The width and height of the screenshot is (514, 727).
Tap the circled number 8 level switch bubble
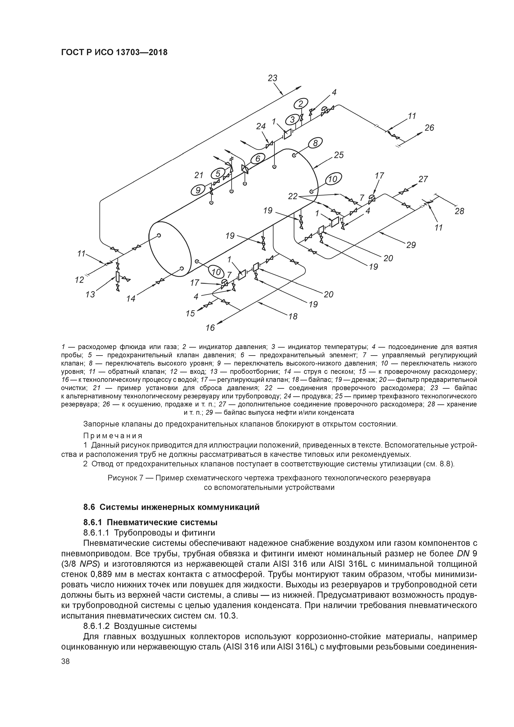[x=315, y=143]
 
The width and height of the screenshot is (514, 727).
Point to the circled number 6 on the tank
[x=258, y=158]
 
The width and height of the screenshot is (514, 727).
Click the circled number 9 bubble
[x=198, y=190]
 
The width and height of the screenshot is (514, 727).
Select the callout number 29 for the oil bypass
[x=411, y=245]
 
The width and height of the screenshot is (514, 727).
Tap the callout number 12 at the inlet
[x=80, y=280]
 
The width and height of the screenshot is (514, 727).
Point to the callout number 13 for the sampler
[x=90, y=295]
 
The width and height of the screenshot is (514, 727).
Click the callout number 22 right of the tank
[x=293, y=197]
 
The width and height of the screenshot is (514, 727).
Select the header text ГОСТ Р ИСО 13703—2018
[x=114, y=52]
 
